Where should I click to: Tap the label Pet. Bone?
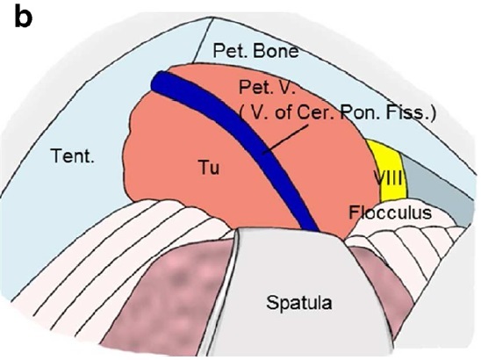255,50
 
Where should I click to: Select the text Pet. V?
267,87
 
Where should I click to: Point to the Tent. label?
73,155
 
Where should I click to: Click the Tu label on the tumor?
210,168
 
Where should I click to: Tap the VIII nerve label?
388,177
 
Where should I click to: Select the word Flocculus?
390,212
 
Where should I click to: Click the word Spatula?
298,303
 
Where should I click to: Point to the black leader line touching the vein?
285,139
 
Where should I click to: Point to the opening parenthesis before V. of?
242,113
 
